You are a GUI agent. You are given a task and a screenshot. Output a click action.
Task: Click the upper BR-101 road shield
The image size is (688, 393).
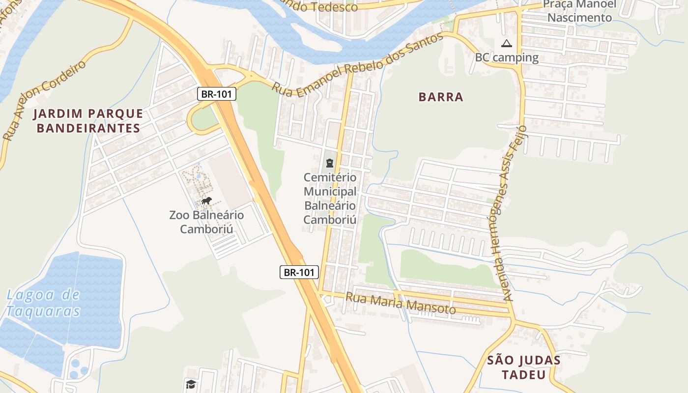click(x=217, y=94)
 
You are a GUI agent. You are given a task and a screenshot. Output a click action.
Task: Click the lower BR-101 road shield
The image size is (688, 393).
click(x=299, y=272)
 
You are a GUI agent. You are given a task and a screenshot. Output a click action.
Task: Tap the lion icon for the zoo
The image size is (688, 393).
click(x=206, y=200)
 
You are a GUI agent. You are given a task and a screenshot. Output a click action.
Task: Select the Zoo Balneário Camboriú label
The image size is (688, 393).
click(x=206, y=222)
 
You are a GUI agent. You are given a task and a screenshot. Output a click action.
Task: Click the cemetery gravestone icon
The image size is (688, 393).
click(x=329, y=163)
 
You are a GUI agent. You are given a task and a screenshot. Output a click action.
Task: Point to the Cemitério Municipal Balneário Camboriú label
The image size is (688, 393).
click(x=330, y=198)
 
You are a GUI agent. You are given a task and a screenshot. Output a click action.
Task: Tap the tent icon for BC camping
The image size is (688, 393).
click(x=506, y=44)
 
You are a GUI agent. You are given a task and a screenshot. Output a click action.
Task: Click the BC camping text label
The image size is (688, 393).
click(x=507, y=57)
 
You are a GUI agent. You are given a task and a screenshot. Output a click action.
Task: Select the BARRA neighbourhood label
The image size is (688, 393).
click(x=441, y=97)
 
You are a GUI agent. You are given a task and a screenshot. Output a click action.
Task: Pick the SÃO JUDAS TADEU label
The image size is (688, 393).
click(x=524, y=367)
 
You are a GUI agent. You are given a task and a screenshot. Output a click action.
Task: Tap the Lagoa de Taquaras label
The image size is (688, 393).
click(x=43, y=303)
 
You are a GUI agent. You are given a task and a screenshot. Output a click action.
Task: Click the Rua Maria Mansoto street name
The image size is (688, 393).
click(x=401, y=304)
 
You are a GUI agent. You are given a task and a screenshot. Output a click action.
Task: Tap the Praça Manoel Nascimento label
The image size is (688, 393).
click(x=579, y=11)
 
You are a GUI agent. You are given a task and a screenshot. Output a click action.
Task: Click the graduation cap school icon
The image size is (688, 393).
click(x=191, y=384)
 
